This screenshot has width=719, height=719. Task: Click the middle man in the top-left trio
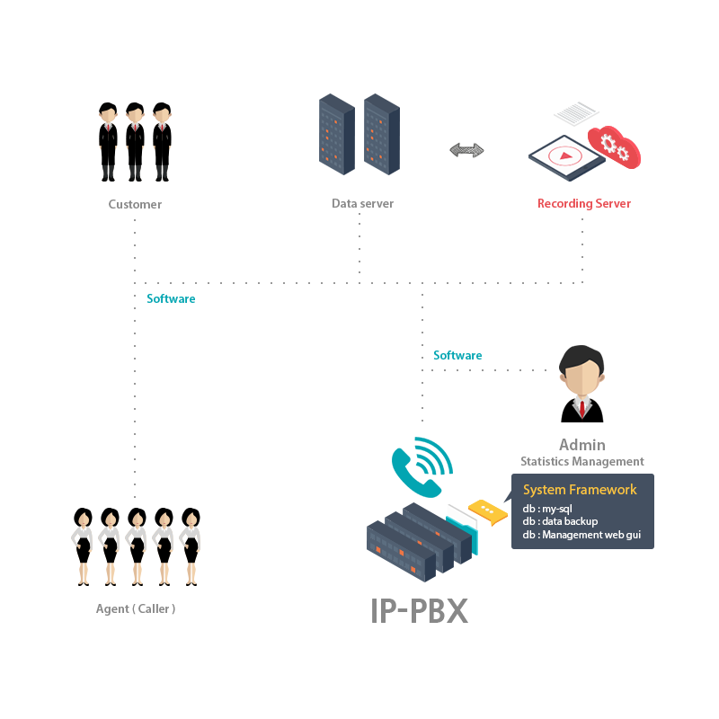(x=135, y=142)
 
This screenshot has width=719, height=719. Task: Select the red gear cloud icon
(x=615, y=146)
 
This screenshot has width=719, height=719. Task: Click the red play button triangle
(x=565, y=155)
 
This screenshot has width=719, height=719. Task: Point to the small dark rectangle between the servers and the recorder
(x=466, y=150)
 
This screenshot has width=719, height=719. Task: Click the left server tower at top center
(x=337, y=134)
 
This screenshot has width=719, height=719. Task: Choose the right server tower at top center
(x=382, y=134)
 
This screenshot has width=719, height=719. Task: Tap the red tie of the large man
(x=582, y=409)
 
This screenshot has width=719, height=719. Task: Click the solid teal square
(x=422, y=467)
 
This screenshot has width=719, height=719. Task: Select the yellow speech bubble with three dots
(x=486, y=510)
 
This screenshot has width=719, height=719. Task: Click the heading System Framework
(x=580, y=490)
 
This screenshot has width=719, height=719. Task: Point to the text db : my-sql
(x=547, y=509)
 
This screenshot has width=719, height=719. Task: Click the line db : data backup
(x=560, y=521)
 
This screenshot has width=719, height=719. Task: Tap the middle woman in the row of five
(x=136, y=546)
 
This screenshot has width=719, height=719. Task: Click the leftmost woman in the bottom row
(x=82, y=546)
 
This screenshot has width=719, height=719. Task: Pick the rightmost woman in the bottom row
(x=190, y=546)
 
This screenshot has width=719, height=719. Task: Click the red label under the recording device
(x=584, y=204)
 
